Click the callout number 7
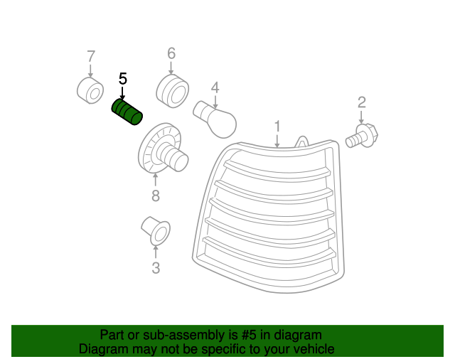point(90,55)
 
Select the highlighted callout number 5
point(123,78)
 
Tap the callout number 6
point(171,53)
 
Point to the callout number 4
point(214,88)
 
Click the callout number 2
point(361,102)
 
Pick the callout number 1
point(277,126)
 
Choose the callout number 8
point(155,196)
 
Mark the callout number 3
point(156,268)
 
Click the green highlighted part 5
point(127,112)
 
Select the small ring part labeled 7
point(90,90)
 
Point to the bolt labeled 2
point(363,136)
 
